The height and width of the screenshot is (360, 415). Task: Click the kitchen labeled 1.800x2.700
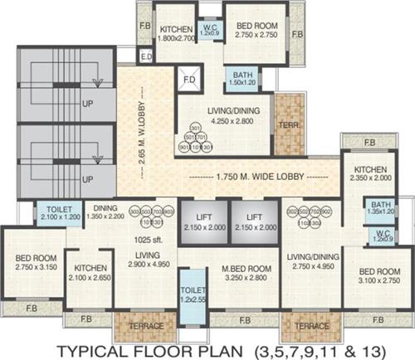pos(175,32)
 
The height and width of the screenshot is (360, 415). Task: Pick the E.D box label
pos(147,57)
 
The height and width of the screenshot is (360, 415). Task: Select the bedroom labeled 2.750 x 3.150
pos(31,264)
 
